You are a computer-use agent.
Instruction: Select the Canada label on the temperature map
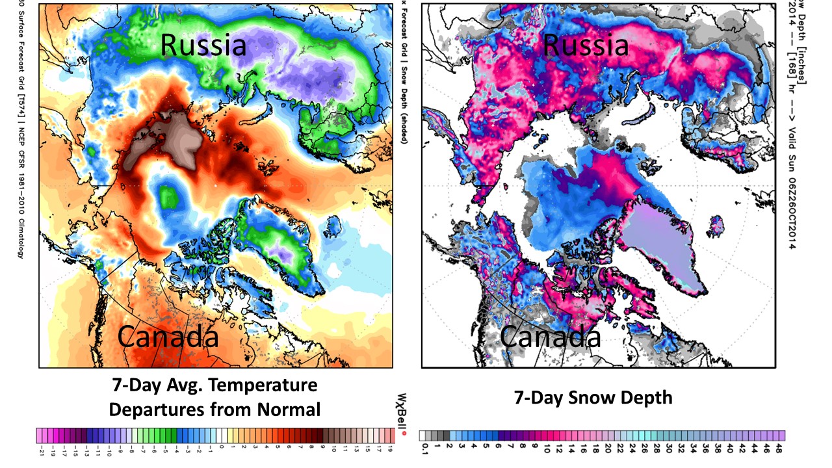coord(168,338)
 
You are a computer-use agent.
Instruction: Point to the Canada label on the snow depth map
coord(550,338)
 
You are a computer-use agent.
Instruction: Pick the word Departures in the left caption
coord(151,409)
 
